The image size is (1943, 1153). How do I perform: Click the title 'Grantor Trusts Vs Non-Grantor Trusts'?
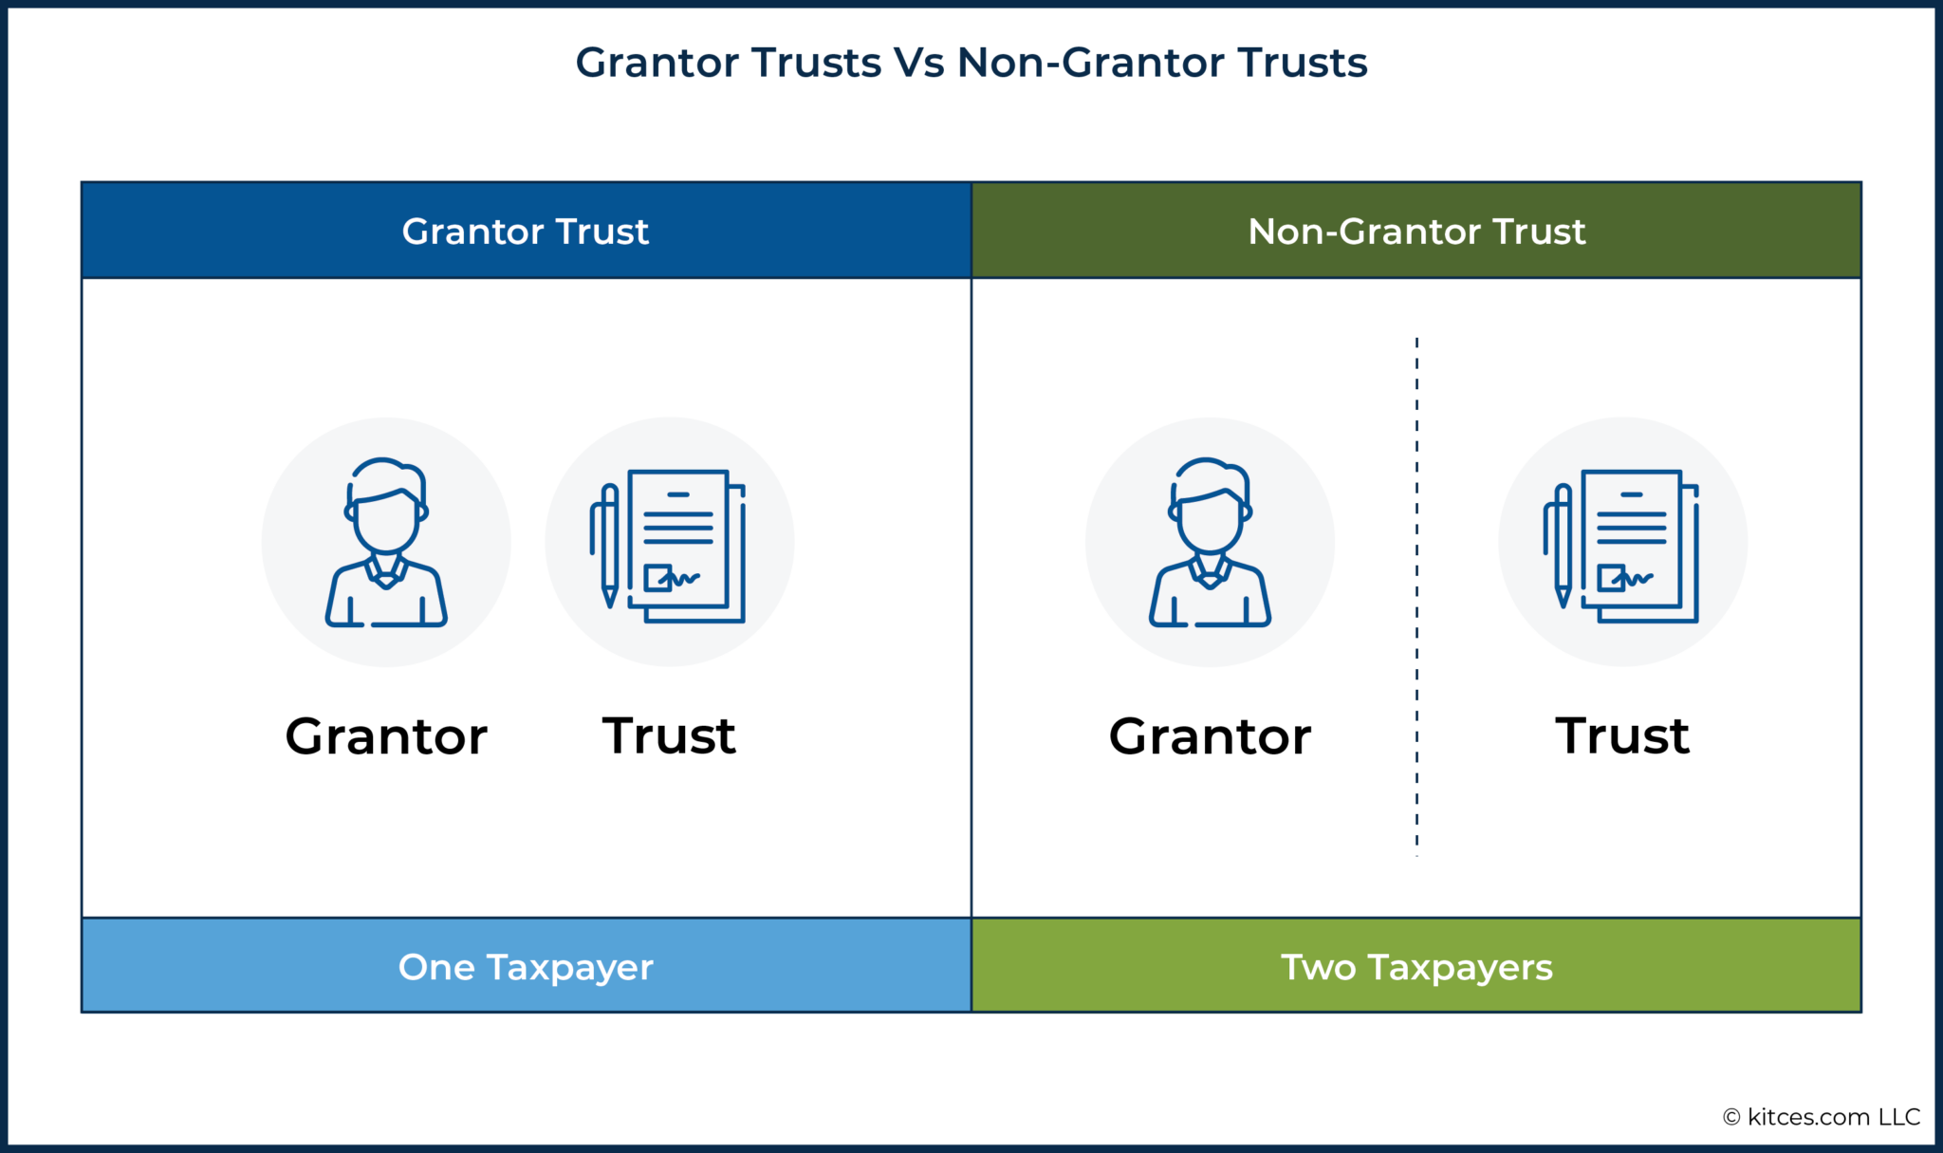point(971,63)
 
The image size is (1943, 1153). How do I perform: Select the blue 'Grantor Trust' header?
point(526,231)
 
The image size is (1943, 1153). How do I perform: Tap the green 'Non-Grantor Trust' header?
point(1416,231)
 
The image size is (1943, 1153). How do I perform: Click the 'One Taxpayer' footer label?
point(526,967)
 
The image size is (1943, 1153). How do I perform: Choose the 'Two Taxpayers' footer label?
point(1416,967)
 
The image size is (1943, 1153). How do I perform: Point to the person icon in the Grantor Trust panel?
point(386,543)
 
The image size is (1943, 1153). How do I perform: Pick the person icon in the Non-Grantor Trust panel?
point(1210,543)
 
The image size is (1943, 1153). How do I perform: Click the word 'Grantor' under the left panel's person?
point(386,736)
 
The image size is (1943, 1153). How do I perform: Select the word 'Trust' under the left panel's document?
point(669,736)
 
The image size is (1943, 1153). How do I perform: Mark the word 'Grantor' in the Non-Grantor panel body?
point(1210,736)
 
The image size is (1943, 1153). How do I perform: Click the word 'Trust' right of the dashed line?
point(1622,736)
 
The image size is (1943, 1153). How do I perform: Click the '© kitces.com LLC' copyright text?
point(1822,1117)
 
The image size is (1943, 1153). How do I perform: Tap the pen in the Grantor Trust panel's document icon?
point(609,545)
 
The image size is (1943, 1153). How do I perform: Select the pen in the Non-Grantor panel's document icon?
point(1563,545)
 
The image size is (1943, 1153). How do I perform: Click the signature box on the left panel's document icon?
point(657,577)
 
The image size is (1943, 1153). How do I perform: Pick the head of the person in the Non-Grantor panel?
point(1210,508)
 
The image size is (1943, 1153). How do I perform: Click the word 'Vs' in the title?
point(918,63)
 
